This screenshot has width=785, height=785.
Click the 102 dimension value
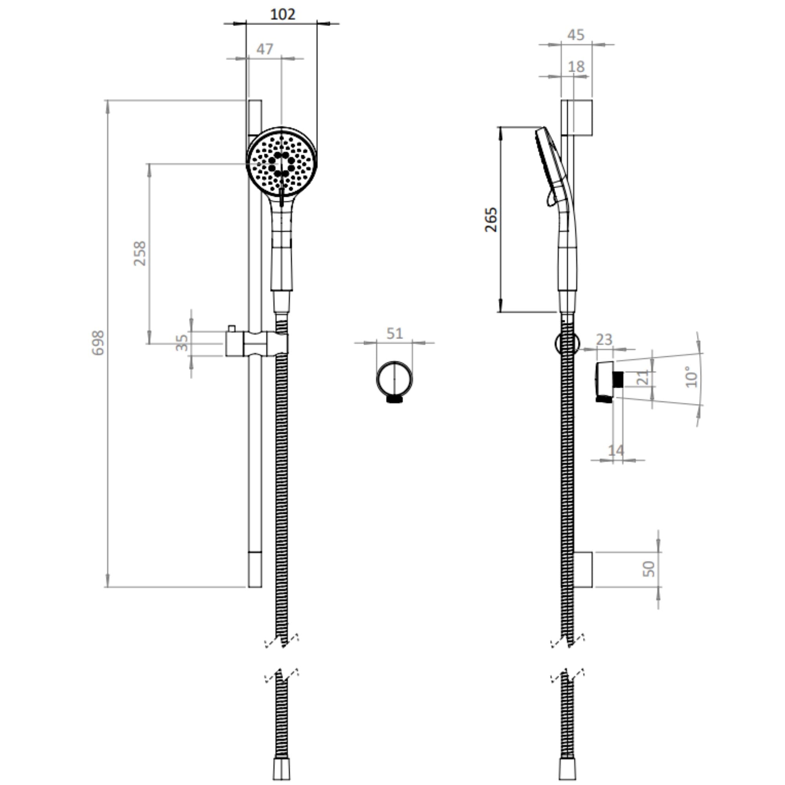tap(282, 15)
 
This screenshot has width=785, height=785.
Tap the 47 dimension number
tap(265, 49)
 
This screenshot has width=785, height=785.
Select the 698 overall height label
tap(98, 343)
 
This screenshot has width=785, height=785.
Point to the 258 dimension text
tap(140, 254)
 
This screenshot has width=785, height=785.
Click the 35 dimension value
tap(182, 343)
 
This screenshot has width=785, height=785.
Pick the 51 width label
tap(394, 334)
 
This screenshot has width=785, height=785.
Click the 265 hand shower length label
tap(491, 219)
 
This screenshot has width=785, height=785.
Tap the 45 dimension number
tap(576, 35)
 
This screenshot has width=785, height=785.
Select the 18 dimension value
tap(576, 67)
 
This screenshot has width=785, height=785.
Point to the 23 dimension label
tap(604, 340)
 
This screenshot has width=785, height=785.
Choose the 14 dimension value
tap(616, 450)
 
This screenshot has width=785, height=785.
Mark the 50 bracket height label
tap(648, 569)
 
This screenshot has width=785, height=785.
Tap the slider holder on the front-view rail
tap(257, 343)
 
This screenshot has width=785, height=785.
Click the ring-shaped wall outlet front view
tap(394, 379)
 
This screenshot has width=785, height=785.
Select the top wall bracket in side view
tap(576, 117)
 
